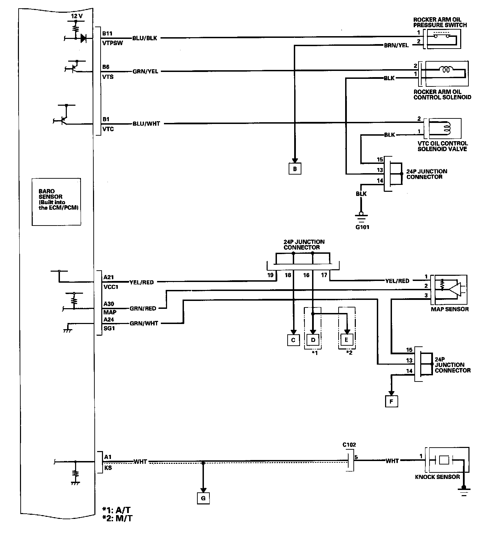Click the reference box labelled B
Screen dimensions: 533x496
295,169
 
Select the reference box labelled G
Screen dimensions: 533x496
203,498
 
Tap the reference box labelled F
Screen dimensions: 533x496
391,401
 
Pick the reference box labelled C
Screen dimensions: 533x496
293,340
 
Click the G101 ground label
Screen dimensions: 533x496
362,227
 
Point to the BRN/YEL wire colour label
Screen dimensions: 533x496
396,45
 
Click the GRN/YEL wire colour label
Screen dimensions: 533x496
145,71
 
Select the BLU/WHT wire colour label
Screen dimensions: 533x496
146,123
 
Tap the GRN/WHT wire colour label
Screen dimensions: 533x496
144,323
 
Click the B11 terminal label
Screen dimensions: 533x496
107,34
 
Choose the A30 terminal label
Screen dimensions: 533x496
109,304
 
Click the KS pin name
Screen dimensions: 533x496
107,468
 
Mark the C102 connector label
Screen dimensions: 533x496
349,445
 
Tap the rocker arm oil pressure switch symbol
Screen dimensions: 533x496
443,38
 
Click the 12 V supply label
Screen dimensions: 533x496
76,16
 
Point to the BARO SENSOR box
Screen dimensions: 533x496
56,201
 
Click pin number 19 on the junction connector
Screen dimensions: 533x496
270,275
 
